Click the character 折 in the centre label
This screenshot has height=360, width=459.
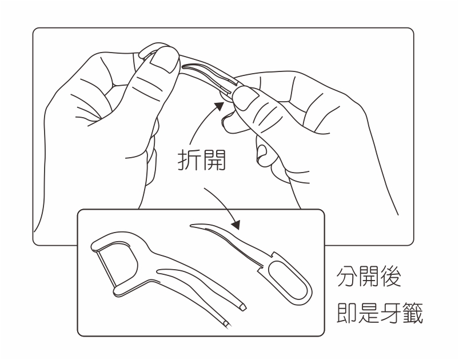pos(187,162)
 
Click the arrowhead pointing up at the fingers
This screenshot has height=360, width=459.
pos(218,105)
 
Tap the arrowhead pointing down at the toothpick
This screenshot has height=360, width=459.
pos(236,225)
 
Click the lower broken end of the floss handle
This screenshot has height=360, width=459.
pos(226,324)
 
